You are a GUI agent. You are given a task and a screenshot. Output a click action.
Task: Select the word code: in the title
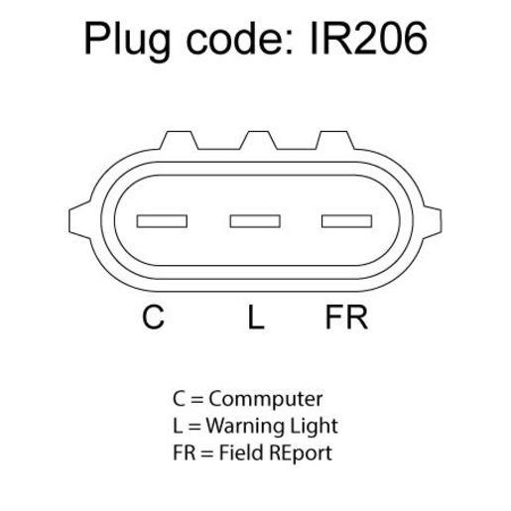[239, 39]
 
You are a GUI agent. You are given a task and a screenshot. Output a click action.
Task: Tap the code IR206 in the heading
[369, 38]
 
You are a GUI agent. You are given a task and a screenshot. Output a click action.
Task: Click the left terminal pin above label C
[162, 221]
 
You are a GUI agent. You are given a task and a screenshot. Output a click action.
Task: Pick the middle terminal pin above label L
[255, 221]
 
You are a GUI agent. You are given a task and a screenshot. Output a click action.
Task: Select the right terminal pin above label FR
[346, 221]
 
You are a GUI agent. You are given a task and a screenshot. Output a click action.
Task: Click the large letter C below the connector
[153, 317]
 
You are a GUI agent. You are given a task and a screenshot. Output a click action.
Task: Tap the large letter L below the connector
[256, 317]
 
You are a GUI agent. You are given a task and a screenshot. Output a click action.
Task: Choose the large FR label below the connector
[346, 317]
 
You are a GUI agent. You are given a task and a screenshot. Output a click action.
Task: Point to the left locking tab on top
[179, 140]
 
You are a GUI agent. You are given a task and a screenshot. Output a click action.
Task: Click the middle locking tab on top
[258, 140]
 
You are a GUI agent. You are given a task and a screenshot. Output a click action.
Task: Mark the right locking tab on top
[334, 140]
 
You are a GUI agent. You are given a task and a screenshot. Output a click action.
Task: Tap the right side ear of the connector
[432, 220]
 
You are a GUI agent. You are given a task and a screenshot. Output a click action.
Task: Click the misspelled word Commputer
[266, 399]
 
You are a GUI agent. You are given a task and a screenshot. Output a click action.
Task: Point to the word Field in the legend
[240, 452]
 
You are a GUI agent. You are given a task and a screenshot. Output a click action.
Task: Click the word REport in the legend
[301, 453]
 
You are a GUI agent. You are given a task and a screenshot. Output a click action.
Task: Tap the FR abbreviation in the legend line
[184, 452]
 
